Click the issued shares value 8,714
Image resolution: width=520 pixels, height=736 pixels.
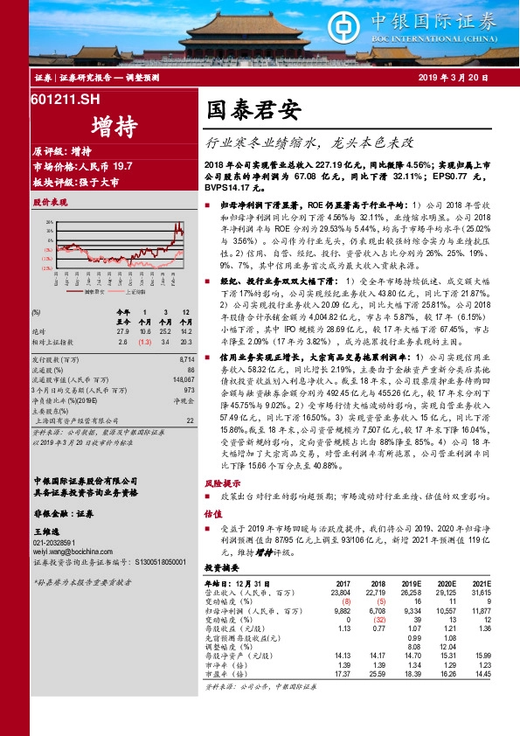[185, 359]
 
